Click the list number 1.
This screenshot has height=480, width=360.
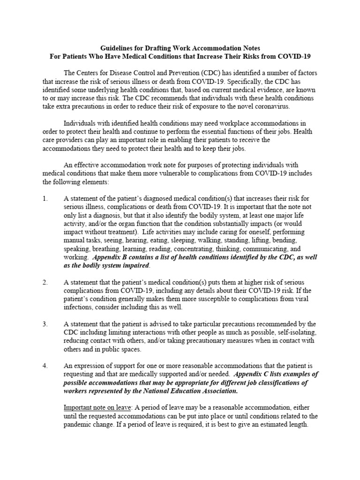point(45,199)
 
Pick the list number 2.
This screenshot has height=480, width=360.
point(45,283)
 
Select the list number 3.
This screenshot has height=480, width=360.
point(45,324)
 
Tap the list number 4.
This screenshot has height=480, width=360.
point(45,366)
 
